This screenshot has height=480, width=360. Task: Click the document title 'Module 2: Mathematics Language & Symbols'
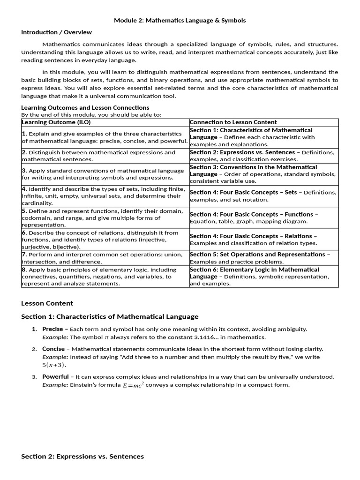tap(180, 21)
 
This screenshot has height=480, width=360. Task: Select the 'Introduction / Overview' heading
tap(56, 32)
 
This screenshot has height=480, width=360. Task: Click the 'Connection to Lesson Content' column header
tap(233, 122)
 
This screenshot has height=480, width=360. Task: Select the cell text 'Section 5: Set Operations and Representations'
tap(257, 255)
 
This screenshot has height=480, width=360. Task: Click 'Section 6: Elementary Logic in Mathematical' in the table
tap(254, 270)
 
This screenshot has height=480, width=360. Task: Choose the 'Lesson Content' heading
tap(47, 303)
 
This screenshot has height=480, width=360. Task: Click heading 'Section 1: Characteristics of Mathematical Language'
tap(110, 317)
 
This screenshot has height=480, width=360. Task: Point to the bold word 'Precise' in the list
tap(52, 329)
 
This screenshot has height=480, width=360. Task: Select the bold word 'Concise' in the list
tap(53, 349)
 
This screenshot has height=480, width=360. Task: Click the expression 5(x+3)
tap(54, 365)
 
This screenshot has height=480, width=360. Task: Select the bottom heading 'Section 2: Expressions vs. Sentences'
tap(82, 457)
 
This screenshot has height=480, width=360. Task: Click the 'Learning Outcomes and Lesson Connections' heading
tap(85, 108)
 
